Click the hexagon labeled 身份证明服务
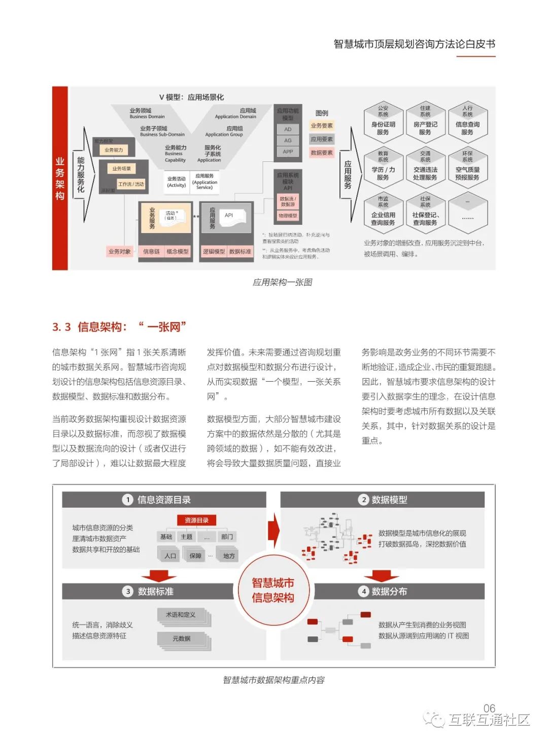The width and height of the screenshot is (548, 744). click(383, 122)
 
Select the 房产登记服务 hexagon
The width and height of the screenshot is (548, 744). click(425, 122)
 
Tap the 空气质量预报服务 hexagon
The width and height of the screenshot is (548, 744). click(467, 167)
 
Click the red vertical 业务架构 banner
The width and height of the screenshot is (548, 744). click(60, 178)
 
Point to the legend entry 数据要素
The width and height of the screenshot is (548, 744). click(322, 153)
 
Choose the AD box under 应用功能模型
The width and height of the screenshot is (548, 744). click(288, 129)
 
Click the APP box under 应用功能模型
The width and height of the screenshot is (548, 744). click(288, 152)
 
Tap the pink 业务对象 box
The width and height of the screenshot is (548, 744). click(119, 251)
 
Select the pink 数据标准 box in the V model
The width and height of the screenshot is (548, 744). click(240, 251)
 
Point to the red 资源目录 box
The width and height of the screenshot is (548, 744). click(196, 520)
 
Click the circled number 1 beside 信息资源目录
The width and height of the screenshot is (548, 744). click(128, 500)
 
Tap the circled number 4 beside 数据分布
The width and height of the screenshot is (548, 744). click(363, 591)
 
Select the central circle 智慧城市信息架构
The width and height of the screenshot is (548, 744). click(273, 590)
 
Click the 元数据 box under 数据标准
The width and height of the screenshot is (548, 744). click(182, 639)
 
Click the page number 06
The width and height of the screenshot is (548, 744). click(489, 708)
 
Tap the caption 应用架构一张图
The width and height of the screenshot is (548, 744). click(282, 282)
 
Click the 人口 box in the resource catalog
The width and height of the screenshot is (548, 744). click(170, 556)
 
